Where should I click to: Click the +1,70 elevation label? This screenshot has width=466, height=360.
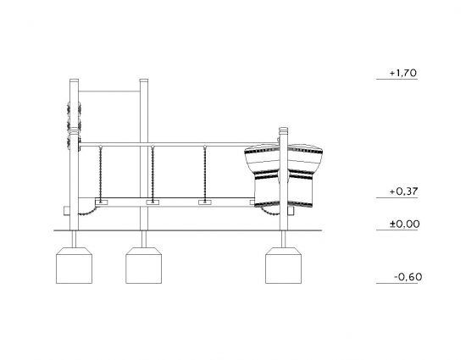point(403,73)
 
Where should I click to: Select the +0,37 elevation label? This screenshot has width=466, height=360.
point(403,191)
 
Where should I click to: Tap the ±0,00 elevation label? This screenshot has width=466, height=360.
point(404,224)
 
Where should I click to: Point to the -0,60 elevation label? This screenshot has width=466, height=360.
point(408,277)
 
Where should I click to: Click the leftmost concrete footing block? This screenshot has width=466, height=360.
point(74,265)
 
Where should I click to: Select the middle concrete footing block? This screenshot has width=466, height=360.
point(143,265)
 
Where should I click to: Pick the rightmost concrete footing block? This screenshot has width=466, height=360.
point(283,265)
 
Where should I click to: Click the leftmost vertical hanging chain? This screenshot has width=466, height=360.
point(101,174)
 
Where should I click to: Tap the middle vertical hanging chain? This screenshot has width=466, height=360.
point(153,174)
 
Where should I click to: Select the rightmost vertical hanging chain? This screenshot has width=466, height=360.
point(205,174)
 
